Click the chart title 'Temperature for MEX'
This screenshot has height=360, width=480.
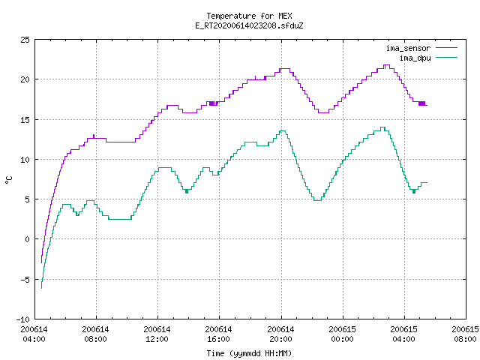coord(249,16)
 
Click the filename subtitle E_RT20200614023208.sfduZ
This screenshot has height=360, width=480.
coord(249,25)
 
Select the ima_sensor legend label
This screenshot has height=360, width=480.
coord(408,48)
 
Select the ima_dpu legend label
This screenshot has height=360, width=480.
coord(415,58)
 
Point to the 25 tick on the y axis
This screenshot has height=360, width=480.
coord(25,40)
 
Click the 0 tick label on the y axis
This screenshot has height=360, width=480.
coord(27,239)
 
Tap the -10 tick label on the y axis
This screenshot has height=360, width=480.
coord(23,319)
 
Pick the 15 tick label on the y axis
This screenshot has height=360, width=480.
coord(25,120)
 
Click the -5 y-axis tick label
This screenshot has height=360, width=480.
coord(25,280)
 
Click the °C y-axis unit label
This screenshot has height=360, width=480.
coord(8,180)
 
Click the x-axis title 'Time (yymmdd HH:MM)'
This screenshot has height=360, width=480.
coord(249,353)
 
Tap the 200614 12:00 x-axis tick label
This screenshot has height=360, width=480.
coord(157,334)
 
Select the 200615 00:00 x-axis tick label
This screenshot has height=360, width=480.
coord(342,334)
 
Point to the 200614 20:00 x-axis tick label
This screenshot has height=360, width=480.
coord(280,334)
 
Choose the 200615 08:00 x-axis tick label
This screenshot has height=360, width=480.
coord(465,334)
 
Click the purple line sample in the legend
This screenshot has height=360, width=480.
coord(447,48)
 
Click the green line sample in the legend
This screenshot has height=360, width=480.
coord(447,57)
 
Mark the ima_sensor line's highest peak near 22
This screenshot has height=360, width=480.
coord(387,65)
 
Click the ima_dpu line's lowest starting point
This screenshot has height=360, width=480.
coord(42,288)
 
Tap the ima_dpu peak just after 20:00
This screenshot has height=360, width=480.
coord(283,131)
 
